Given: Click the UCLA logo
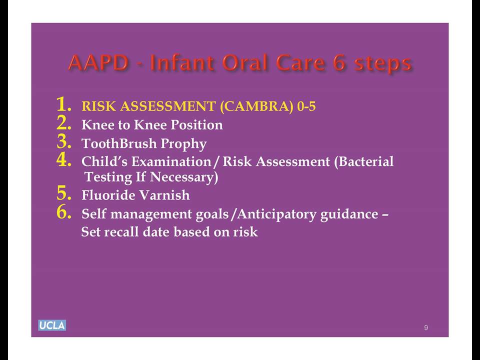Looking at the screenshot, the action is click(52, 325).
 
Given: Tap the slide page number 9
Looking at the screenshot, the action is click(426, 327).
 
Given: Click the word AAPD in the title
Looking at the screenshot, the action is click(98, 63).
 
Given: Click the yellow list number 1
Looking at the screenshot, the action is click(64, 104).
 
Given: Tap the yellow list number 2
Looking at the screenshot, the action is click(64, 123).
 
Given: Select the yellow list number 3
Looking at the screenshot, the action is click(64, 141).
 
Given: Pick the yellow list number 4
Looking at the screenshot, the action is click(64, 159).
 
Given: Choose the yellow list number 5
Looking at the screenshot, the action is click(64, 193).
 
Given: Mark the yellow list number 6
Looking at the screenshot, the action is click(64, 212).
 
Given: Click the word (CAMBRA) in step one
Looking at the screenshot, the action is click(256, 106).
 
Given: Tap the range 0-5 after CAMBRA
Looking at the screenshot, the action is click(306, 106).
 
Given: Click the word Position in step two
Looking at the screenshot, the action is click(196, 124).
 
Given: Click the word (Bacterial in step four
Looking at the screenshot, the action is click(363, 161).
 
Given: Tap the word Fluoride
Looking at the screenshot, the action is click(108, 195).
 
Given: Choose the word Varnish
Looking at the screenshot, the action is click(164, 195).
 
